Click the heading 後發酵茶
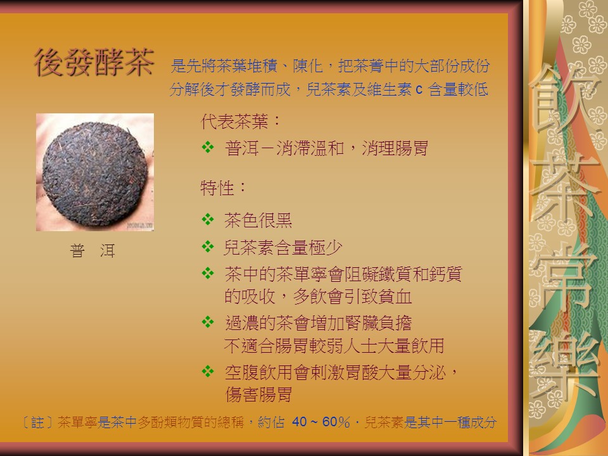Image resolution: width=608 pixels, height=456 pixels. [94, 62]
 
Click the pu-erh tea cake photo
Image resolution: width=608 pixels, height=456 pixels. [95, 172]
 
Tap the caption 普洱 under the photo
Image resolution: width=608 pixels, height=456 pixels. [92, 251]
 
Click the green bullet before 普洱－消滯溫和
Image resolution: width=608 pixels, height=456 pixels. [208, 148]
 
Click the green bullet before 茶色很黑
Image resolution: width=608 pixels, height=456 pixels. [208, 220]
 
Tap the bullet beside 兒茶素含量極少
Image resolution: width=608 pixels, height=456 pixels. [208, 246]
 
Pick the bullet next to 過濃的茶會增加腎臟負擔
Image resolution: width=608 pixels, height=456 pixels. [208, 322]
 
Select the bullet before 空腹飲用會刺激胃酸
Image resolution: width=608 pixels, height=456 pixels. [208, 372]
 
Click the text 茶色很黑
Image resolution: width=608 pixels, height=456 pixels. [258, 220]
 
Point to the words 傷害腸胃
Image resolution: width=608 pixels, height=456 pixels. [258, 395]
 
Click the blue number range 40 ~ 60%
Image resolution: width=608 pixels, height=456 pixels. [320, 422]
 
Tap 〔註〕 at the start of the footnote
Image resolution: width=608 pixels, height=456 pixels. [39, 422]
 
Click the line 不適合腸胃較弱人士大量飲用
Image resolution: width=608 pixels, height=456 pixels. [334, 346]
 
